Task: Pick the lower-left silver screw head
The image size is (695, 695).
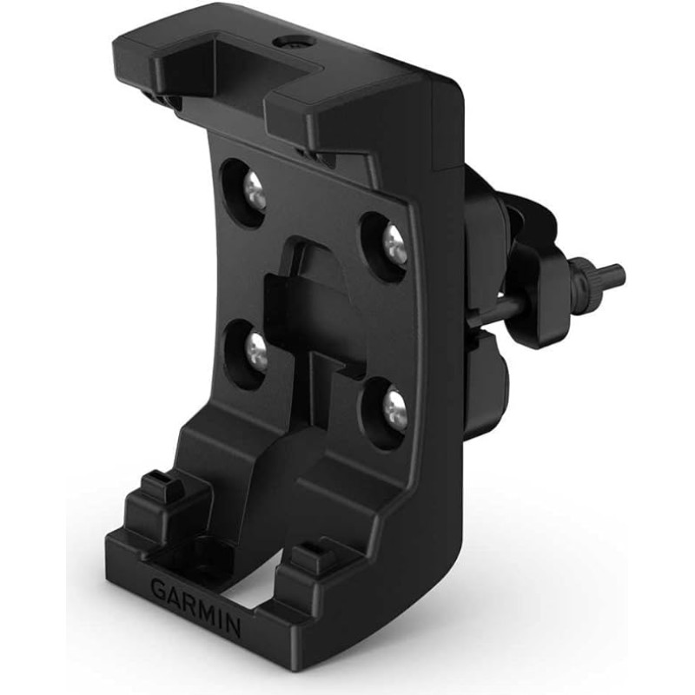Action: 255,349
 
